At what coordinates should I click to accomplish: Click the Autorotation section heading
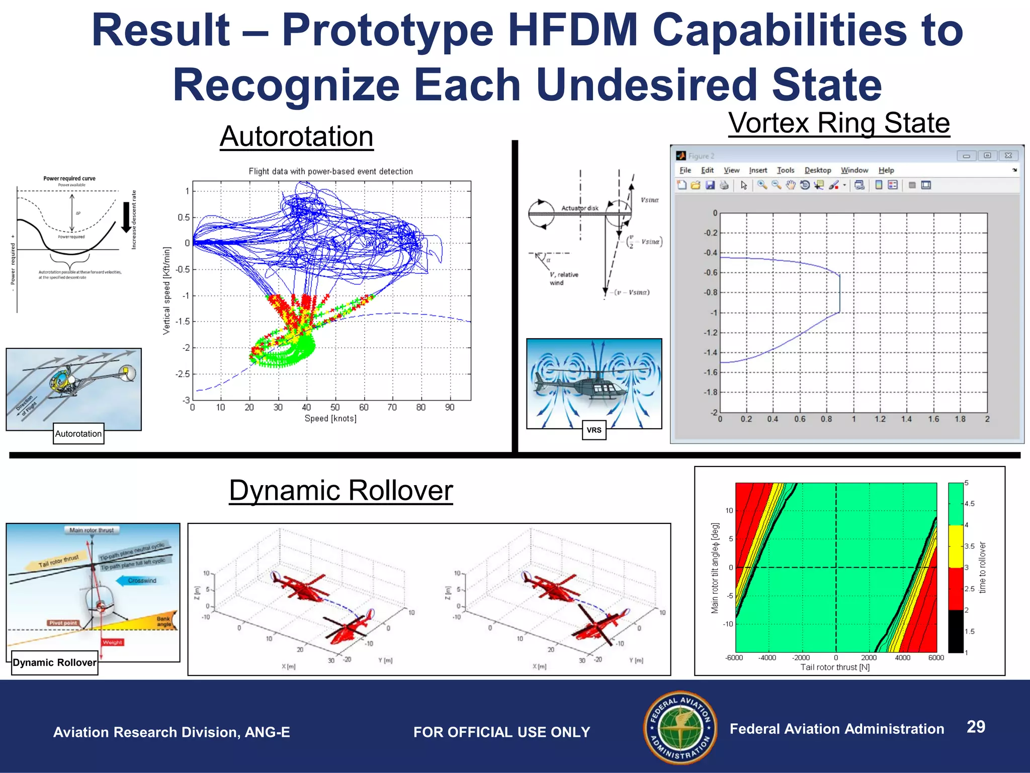296,136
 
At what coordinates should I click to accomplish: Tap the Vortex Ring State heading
839,123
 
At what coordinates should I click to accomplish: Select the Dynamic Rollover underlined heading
341,491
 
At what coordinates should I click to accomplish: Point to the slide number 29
976,727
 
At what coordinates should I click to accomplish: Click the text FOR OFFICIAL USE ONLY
501,732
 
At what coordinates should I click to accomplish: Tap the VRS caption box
594,430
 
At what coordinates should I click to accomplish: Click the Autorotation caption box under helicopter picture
78,434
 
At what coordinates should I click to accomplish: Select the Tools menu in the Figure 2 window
785,171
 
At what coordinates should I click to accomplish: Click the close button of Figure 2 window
1008,156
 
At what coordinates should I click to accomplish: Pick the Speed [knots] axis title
330,419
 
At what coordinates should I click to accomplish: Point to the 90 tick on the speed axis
450,408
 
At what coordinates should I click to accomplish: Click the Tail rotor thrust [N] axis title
835,667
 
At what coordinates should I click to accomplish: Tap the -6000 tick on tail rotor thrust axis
734,658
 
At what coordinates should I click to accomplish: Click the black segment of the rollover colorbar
955,631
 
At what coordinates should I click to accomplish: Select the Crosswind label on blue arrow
142,581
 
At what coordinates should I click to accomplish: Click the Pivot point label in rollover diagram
63,623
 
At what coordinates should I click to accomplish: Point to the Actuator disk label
580,208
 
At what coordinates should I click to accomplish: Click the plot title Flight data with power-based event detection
330,172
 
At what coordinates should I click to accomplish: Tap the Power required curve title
69,178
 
